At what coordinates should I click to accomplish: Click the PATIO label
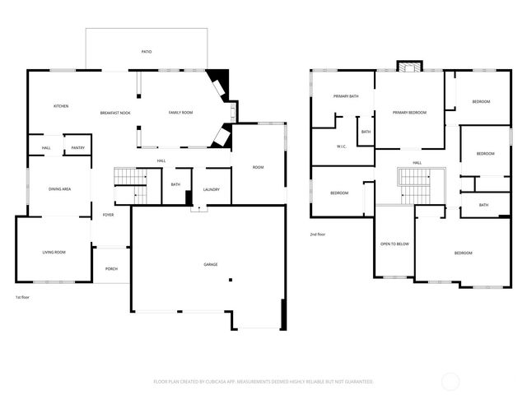[147, 52]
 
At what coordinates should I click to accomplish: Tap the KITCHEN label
[61, 106]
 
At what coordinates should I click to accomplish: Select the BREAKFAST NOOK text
[115, 113]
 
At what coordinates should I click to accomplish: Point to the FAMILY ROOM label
[180, 113]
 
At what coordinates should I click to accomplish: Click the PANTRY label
[77, 148]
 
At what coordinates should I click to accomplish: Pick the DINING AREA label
[60, 189]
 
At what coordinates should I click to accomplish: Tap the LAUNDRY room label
[212, 190]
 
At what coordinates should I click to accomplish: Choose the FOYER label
[108, 215]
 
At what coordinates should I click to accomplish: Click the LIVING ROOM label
[54, 252]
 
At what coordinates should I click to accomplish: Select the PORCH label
[111, 268]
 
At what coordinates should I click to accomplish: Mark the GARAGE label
[211, 265]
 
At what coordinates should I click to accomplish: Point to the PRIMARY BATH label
[346, 96]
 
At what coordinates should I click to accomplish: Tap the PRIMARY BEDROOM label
[409, 113]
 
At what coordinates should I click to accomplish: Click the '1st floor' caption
[24, 297]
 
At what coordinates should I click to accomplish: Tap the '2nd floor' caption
[318, 235]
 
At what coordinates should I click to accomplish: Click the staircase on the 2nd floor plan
[416, 185]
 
